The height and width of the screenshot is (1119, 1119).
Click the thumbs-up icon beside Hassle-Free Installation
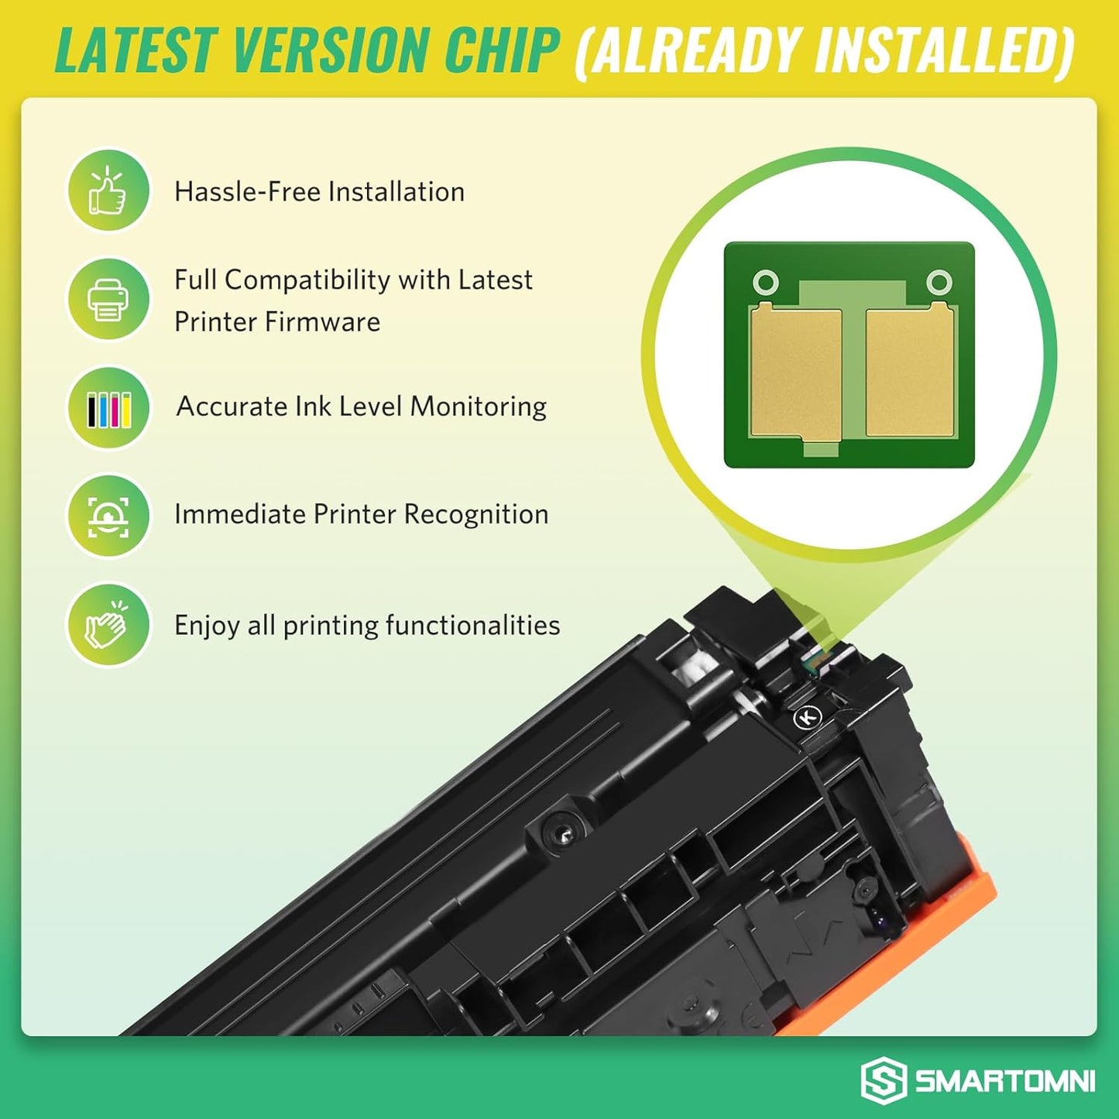(108, 191)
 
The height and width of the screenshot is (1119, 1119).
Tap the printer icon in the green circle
(108, 299)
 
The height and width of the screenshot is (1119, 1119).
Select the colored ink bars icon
(108, 408)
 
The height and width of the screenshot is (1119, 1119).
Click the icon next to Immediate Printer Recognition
(108, 516)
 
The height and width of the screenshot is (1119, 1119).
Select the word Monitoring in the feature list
(478, 407)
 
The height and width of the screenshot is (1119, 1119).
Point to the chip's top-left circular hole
(765, 282)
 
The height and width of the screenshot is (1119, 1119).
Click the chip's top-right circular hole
(939, 282)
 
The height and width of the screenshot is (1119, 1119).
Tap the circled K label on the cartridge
(807, 718)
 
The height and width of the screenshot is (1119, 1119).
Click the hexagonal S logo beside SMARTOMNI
(884, 1081)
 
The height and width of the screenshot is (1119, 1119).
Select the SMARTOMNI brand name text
(1004, 1082)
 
